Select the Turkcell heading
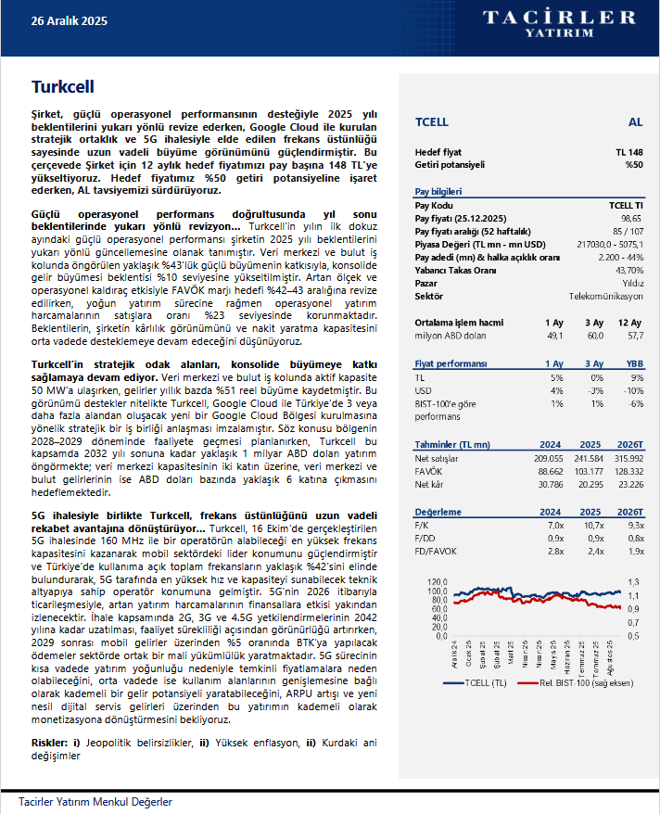click(63, 87)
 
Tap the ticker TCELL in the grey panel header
click(432, 121)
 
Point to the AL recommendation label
click(635, 121)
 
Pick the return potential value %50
click(633, 164)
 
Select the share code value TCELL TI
click(626, 204)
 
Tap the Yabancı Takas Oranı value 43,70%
click(628, 269)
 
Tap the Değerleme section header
click(438, 511)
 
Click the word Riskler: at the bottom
click(48, 743)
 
